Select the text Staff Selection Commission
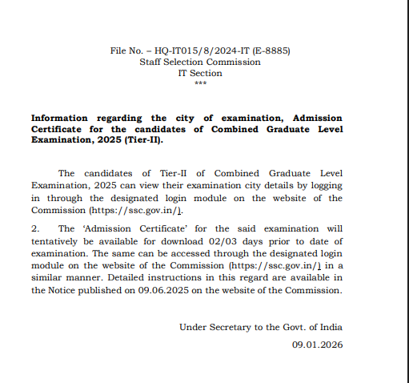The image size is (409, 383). coord(199,62)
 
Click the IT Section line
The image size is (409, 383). coord(200,73)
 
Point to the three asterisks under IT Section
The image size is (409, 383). coord(200,83)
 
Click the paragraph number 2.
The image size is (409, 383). coord(34,229)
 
